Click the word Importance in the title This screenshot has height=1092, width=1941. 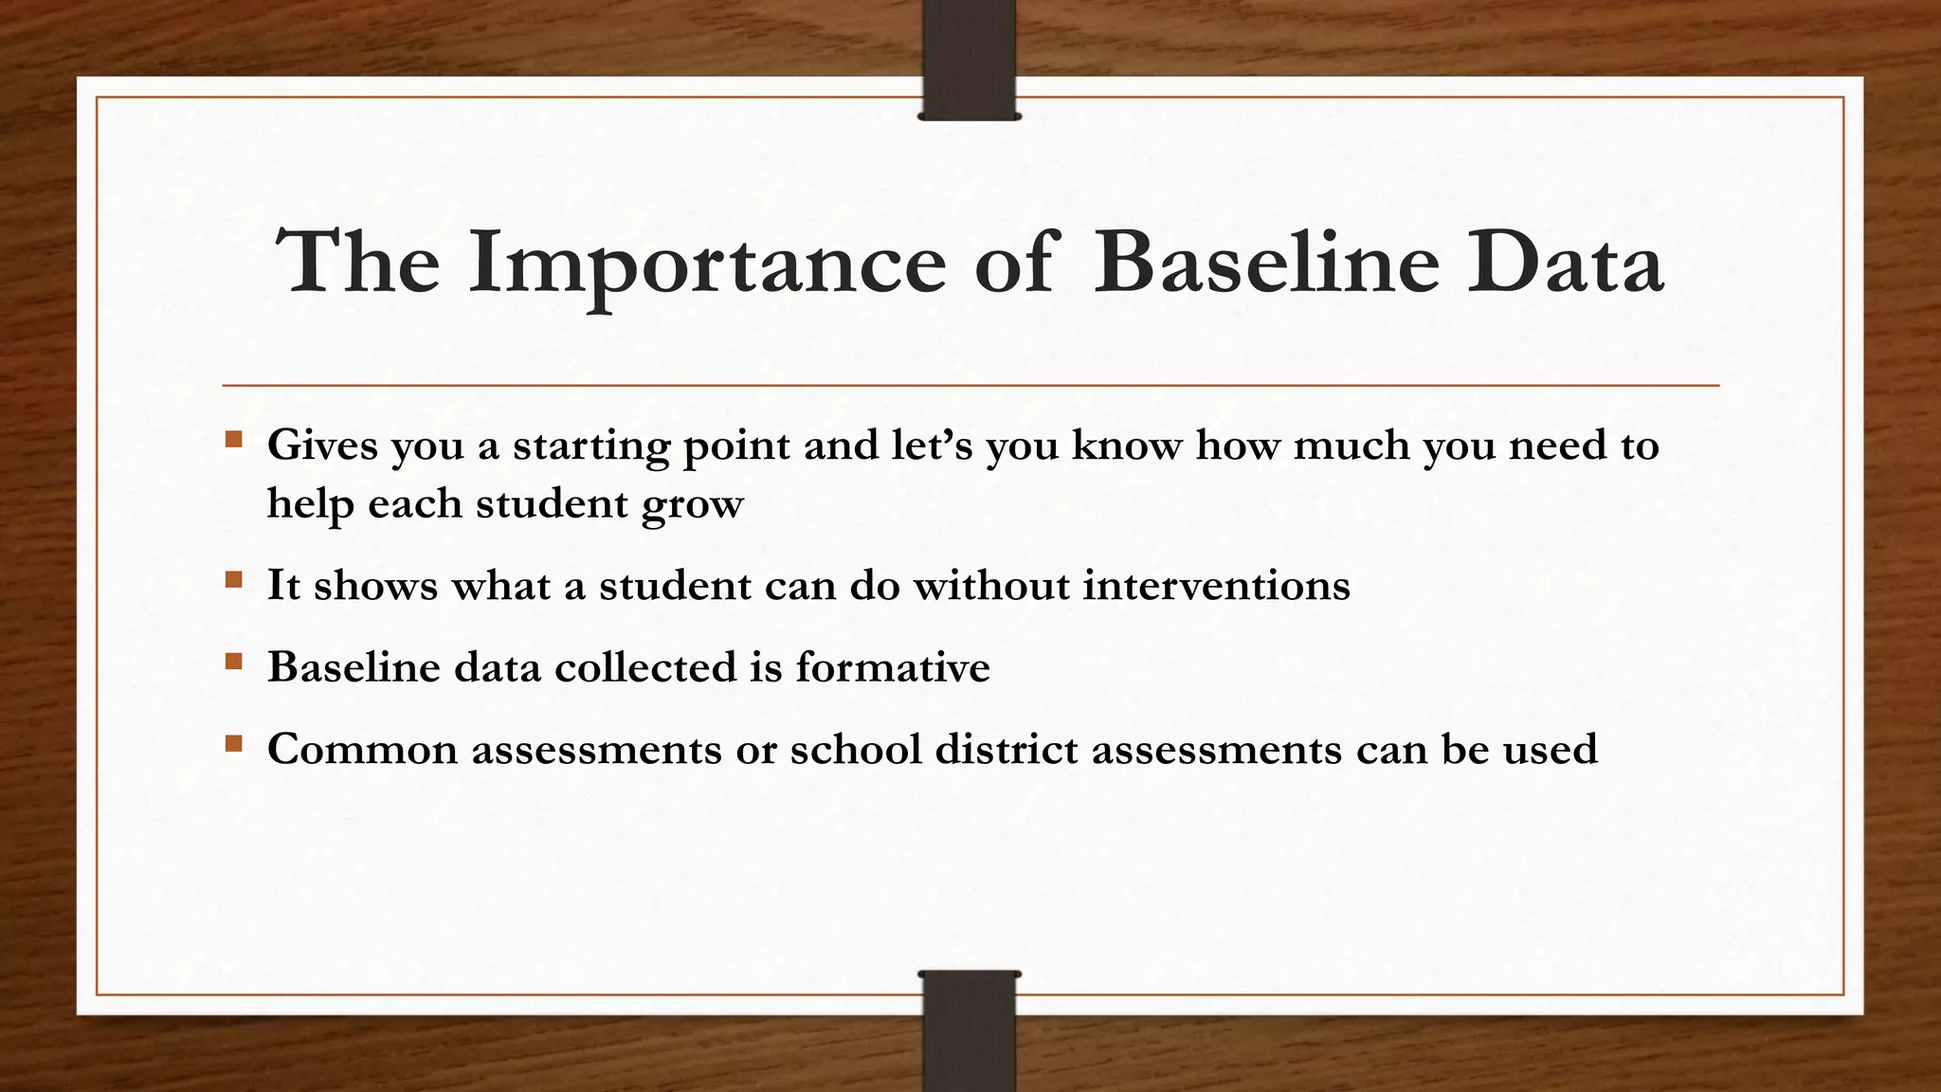click(x=706, y=264)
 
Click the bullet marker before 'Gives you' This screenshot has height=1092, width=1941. click(x=234, y=440)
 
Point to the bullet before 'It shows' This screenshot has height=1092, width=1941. click(x=234, y=579)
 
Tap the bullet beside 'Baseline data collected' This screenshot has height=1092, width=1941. click(x=234, y=661)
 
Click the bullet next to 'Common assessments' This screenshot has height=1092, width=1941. click(x=234, y=743)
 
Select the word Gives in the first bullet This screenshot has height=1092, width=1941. click(x=322, y=446)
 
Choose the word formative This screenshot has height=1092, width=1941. click(x=893, y=666)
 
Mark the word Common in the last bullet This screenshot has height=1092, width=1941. click(x=363, y=749)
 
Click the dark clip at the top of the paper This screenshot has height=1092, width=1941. click(x=970, y=60)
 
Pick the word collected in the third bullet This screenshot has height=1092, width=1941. click(x=645, y=666)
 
